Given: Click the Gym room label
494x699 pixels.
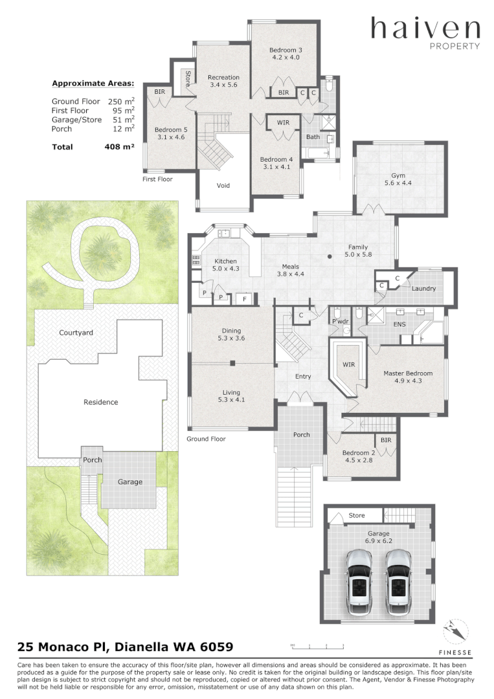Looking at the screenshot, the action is click(x=398, y=175).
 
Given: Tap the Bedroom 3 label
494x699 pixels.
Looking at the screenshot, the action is click(x=286, y=50).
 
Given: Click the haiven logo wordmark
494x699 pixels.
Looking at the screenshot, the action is click(x=425, y=28).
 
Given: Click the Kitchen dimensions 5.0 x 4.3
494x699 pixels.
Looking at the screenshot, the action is click(x=225, y=269).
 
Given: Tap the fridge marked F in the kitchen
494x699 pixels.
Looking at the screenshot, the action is click(x=244, y=299).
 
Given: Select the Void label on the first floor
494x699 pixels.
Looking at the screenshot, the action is click(x=223, y=186).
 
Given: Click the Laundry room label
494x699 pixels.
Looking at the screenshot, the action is click(x=423, y=289).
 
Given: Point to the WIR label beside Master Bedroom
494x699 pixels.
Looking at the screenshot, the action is click(x=349, y=364).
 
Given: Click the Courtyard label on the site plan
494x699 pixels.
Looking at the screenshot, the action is click(x=76, y=333).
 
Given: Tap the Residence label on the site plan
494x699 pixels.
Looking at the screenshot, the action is click(x=101, y=402).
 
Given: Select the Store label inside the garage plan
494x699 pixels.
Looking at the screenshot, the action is click(x=357, y=515).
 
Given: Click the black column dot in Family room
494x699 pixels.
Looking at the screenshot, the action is click(x=330, y=256).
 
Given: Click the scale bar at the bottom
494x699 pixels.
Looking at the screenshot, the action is click(x=317, y=646).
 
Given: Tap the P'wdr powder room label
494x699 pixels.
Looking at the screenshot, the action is click(x=340, y=322).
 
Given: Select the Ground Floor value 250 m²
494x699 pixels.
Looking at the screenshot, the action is click(x=121, y=101).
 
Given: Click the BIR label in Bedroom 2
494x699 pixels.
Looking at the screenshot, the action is click(x=386, y=440).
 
